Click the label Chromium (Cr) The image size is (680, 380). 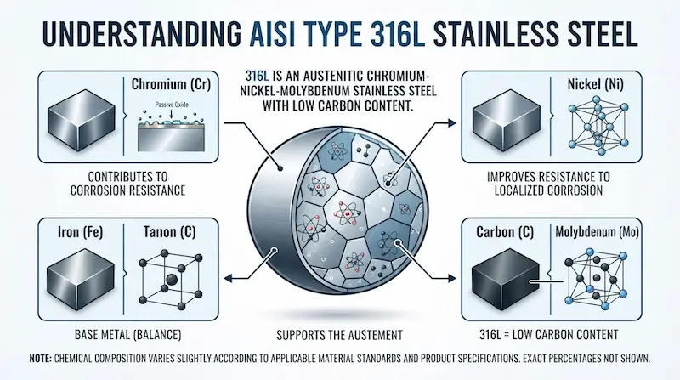pos(171,84)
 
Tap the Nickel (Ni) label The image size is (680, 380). pos(596,84)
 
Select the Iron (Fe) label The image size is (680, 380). pos(80,232)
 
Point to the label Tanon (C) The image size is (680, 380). pos(169,232)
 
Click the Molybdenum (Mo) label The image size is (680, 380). pos(598,233)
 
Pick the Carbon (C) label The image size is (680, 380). pos(505,232)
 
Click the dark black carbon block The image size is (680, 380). pos(505,278)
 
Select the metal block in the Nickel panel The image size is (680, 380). pos(506,121)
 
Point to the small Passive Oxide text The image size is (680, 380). pos(172,105)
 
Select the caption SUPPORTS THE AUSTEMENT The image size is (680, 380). pos(339,335)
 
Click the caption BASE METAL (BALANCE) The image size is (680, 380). pos(128,335)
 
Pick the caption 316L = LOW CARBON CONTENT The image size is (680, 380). pos(548,335)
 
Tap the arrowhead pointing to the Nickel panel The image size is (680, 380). pos(452,123)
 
